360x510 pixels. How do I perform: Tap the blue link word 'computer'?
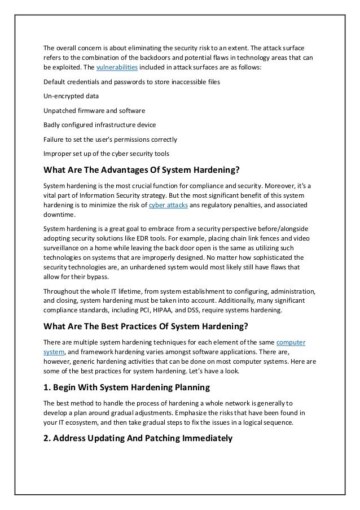pyautogui.click(x=291, y=342)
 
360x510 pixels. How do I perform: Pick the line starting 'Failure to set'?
pyautogui.click(x=110, y=139)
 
